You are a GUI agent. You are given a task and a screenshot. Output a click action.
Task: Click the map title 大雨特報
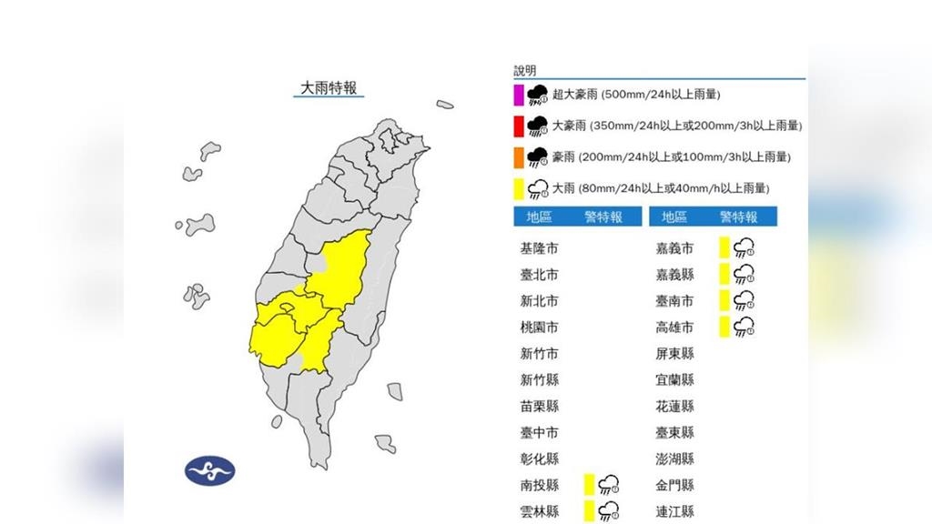[x=329, y=88]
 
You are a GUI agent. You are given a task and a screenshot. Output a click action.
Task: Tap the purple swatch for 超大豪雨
[x=518, y=95]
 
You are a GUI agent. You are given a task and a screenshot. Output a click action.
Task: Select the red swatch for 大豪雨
[x=518, y=126]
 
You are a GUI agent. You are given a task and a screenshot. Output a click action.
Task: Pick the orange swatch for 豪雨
[x=518, y=157]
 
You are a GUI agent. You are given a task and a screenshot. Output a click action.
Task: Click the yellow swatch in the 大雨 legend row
[x=518, y=189]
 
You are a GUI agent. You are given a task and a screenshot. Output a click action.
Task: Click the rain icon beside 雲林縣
[x=610, y=511]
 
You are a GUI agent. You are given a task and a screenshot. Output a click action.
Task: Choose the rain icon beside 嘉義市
[x=745, y=248]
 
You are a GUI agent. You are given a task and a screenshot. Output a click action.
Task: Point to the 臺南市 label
[x=674, y=301]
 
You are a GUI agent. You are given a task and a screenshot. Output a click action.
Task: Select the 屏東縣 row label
[x=674, y=354]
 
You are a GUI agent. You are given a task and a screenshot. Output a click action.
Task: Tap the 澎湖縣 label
[x=674, y=458]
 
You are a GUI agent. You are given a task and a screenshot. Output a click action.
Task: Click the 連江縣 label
[x=674, y=511]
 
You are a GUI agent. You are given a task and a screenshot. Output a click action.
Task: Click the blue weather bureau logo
[x=210, y=469]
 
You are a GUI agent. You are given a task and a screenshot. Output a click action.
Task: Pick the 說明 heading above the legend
[x=525, y=70]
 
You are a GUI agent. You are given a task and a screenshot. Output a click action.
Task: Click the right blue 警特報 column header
[x=738, y=217]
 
